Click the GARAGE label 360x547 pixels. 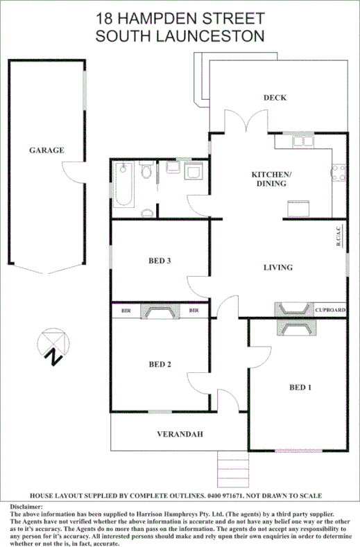[x=46, y=150]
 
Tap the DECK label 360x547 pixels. [x=275, y=98]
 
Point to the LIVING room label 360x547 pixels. [x=278, y=268]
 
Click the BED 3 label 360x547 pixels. [x=160, y=261]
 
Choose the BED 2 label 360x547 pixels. [x=160, y=364]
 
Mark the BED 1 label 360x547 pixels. [x=300, y=387]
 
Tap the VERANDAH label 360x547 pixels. [x=179, y=435]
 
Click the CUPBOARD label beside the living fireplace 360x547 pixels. [x=330, y=311]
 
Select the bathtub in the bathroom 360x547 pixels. [x=124, y=184]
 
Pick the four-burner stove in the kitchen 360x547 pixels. [x=338, y=172]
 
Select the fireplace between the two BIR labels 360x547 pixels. [x=160, y=312]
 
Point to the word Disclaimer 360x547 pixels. [x=27, y=507]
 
